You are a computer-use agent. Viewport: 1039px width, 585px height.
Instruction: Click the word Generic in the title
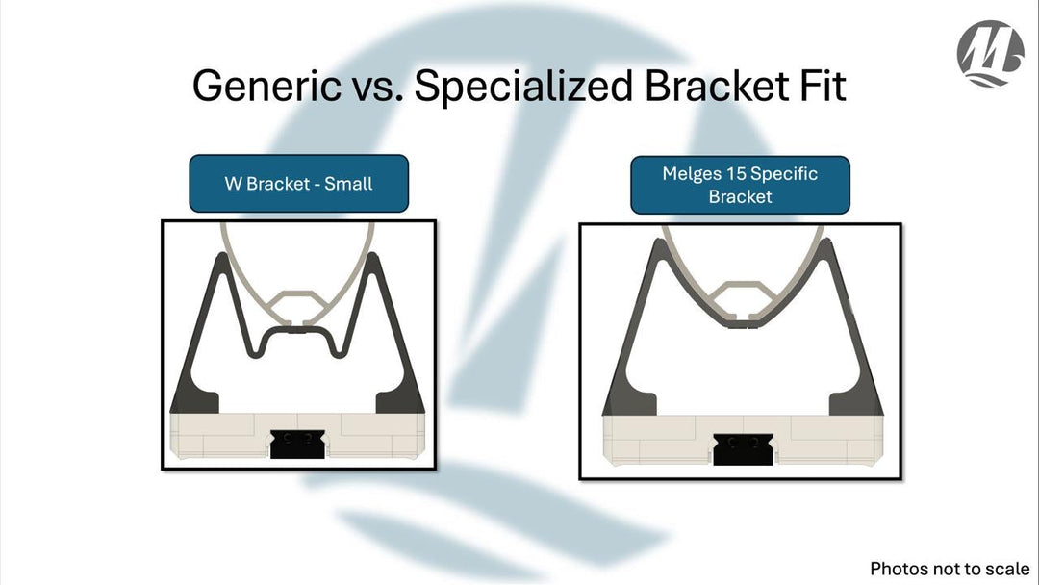(259, 86)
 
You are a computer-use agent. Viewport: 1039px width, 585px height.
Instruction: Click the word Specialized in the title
(523, 86)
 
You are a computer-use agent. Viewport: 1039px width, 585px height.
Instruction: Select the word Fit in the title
(823, 86)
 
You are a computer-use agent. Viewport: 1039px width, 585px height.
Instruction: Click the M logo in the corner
(990, 54)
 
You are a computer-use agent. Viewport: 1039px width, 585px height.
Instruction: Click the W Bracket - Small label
(299, 183)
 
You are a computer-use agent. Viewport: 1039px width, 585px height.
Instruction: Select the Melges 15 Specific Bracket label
(740, 185)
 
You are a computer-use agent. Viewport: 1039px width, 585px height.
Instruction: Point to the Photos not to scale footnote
(950, 569)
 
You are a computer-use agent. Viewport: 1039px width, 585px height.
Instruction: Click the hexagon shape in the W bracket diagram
(298, 304)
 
